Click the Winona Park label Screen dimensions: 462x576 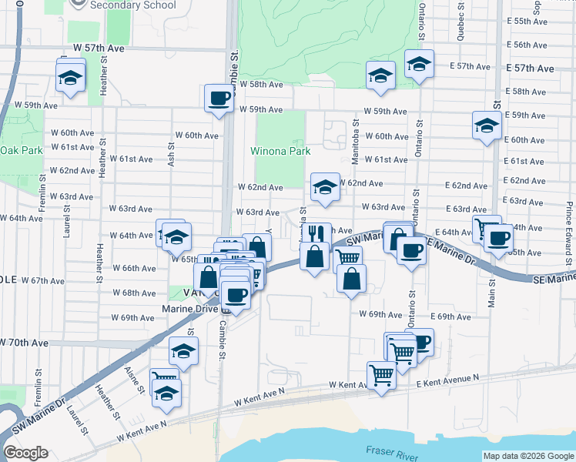[x=280, y=151]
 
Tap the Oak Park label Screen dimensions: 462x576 [x=22, y=150]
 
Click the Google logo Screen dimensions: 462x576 [x=26, y=453]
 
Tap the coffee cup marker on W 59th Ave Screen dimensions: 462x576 [x=219, y=99]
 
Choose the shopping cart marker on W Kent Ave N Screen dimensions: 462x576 [x=381, y=376]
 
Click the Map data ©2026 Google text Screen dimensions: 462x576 [x=528, y=456]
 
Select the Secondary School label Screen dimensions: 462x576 [x=132, y=5]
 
